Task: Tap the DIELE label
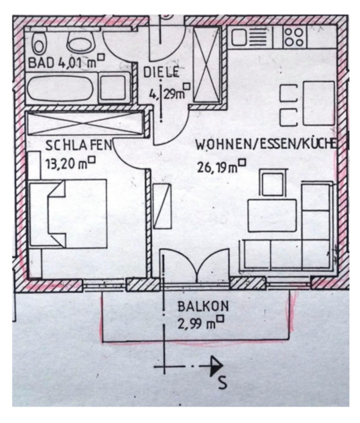point(161,72)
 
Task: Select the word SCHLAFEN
point(78,146)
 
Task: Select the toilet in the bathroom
point(39,41)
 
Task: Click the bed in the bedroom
point(68,213)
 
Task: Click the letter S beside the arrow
point(222,382)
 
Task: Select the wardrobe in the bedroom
point(85,123)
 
